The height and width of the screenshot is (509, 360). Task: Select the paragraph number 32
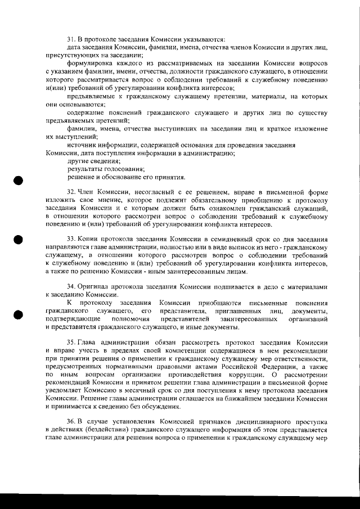pos(71,192)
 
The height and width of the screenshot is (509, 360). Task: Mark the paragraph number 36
pos(71,421)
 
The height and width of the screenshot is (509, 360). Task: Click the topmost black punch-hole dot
pos(19,181)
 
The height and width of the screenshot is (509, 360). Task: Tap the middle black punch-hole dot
pos(19,238)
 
